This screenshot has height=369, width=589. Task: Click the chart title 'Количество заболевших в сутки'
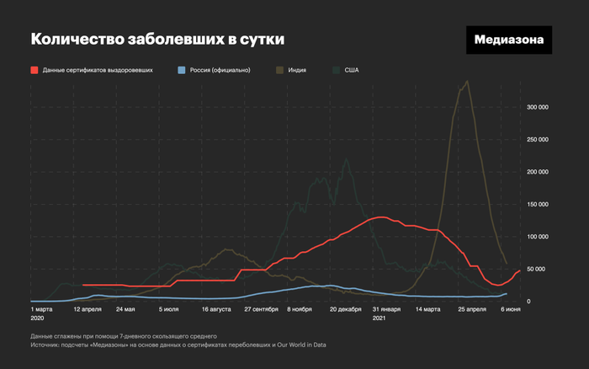(157, 40)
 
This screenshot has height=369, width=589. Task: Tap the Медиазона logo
(510, 40)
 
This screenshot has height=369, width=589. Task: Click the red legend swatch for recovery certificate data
(34, 70)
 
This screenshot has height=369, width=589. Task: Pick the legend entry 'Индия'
(294, 70)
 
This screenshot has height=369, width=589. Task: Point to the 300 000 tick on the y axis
(538, 107)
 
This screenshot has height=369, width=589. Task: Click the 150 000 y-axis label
(538, 204)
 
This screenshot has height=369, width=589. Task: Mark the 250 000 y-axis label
(538, 140)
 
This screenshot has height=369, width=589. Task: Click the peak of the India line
(466, 82)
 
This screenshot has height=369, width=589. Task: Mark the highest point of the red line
(380, 217)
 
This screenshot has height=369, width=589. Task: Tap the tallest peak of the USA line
(347, 159)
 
